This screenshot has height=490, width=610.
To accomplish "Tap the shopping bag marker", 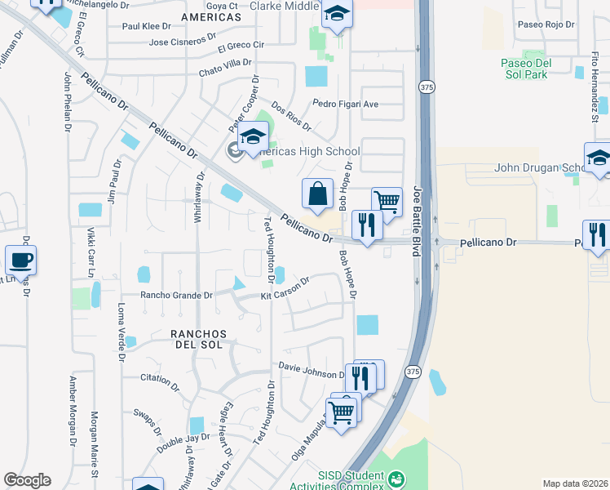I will [x=317, y=194].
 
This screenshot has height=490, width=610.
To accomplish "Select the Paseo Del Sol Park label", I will [x=536, y=69].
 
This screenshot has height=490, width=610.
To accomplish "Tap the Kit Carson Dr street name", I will [x=285, y=291].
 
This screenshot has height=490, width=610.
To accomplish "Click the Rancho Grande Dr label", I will [x=176, y=295].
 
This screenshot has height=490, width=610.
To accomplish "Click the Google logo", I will [x=27, y=480].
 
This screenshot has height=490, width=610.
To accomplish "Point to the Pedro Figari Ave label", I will [x=346, y=104].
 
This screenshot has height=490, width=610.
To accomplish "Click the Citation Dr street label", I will [x=159, y=379].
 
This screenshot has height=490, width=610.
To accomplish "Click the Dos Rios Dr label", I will [x=291, y=115].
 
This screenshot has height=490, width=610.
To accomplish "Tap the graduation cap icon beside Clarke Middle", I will [x=336, y=15].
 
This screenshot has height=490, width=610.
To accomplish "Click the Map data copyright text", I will [x=575, y=483].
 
